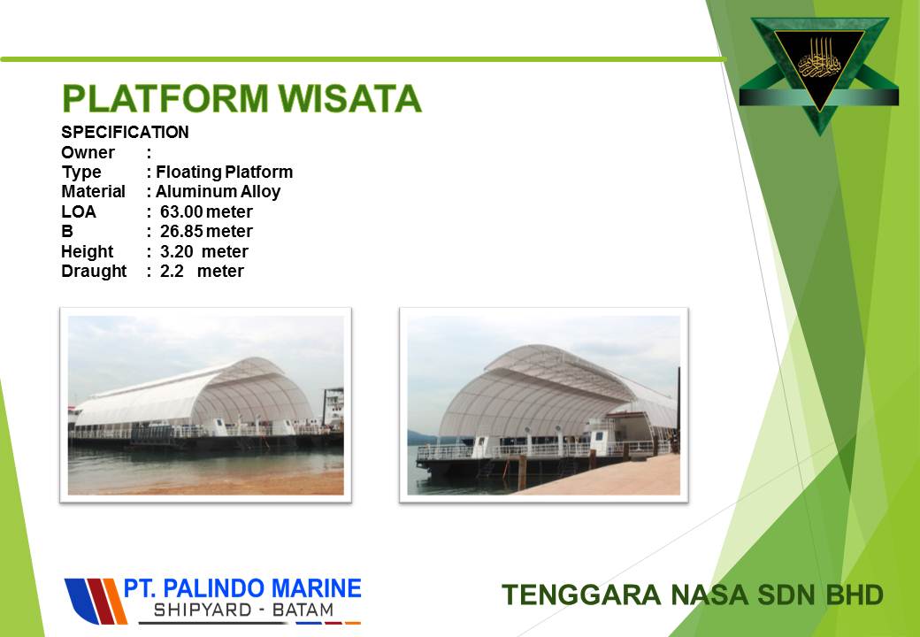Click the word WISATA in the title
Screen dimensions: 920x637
coord(349,98)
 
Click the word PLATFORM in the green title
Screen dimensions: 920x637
coord(165,98)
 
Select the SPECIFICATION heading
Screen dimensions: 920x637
coord(125,132)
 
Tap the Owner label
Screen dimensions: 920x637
coord(88,152)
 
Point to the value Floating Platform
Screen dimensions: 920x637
coord(224,172)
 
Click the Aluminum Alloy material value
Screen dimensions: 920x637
coord(218,192)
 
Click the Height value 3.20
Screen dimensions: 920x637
coord(177,251)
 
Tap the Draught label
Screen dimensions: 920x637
coord(94,272)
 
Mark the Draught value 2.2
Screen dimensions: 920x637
coord(172,271)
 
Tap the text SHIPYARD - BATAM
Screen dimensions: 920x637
coord(243,610)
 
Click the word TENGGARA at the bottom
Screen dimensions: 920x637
coord(581,595)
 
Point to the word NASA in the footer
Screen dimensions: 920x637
coord(709,595)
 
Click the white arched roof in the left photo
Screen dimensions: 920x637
coord(194,392)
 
